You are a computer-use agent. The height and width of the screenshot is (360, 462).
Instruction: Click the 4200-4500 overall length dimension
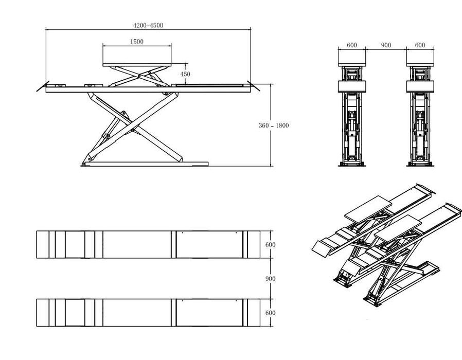148,25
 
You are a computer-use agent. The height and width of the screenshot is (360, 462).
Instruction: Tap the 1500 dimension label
137,42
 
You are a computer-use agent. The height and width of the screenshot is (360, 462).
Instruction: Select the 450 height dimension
185,74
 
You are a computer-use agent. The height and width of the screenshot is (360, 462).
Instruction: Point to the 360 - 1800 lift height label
274,125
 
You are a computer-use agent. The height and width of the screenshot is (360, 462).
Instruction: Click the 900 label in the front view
386,45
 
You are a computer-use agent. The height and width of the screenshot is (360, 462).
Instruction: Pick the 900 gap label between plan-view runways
270,279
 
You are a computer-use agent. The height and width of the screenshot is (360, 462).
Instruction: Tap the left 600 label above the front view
352,45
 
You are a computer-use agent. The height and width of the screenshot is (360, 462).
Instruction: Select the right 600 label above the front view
420,45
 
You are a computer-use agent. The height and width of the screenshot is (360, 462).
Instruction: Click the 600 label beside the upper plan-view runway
270,245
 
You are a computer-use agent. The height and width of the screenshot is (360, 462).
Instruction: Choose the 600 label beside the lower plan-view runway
270,313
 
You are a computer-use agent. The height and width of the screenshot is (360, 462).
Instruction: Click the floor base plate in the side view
145,164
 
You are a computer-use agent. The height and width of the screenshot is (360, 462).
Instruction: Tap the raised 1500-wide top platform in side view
137,65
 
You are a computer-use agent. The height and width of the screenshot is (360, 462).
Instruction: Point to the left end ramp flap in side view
42,86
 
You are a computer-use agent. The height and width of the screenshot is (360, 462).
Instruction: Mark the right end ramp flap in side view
254,86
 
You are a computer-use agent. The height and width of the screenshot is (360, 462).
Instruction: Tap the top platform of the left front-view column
352,61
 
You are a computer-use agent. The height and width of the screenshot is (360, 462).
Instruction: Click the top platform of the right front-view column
420,61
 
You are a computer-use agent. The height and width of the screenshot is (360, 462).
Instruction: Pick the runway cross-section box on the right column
420,86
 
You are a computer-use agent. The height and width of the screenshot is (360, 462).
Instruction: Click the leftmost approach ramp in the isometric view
322,249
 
